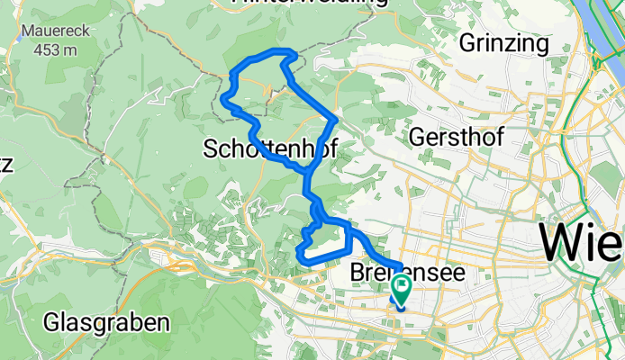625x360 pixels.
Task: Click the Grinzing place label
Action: (x=503, y=42)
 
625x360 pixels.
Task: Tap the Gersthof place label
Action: (x=457, y=137)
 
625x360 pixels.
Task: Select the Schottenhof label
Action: (x=270, y=148)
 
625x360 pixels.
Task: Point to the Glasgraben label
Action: (x=106, y=321)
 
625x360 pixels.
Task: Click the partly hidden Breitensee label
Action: (x=401, y=272)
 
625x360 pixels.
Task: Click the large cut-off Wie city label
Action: (x=582, y=242)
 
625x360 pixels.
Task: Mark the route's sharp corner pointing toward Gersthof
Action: (x=335, y=117)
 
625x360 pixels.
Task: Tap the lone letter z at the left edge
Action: (x=5, y=165)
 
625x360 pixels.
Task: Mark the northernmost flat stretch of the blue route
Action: (x=274, y=51)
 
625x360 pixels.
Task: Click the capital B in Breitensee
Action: (x=358, y=272)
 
